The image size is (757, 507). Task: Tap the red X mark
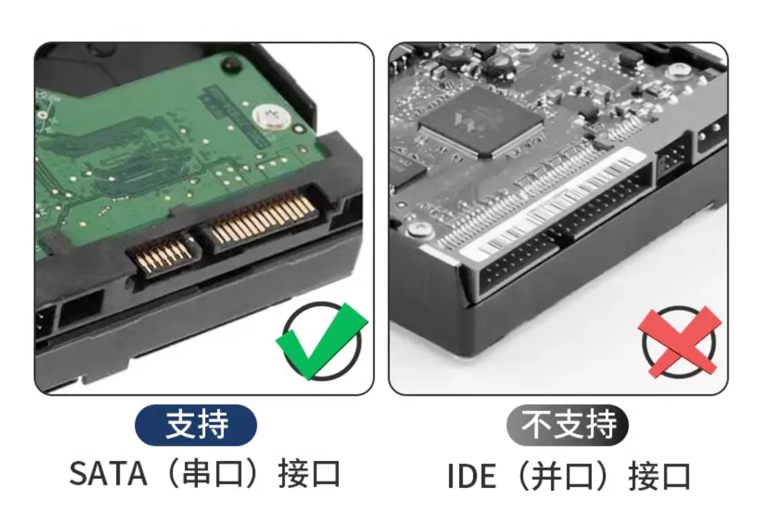point(680,342)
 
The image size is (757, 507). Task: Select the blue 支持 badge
point(196,425)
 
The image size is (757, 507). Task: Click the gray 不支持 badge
point(568,425)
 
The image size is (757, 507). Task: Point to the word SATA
point(108,473)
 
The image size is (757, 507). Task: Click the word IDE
point(471,476)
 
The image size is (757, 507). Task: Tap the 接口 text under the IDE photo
point(659,476)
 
